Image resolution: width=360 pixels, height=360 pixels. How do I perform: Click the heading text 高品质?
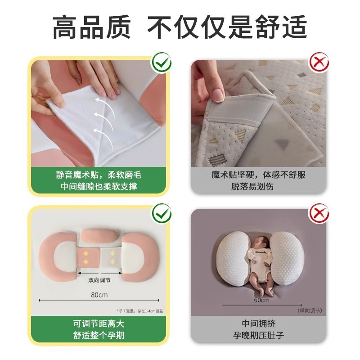pyautogui.click(x=92, y=27)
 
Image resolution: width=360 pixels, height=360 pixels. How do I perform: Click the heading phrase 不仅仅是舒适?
pyautogui.click(x=227, y=27)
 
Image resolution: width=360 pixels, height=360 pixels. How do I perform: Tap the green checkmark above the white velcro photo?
pyautogui.click(x=162, y=63)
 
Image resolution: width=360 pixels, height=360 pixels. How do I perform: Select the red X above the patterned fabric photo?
pyautogui.click(x=319, y=62)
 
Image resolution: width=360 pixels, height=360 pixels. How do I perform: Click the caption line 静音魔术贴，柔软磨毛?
pyautogui.click(x=99, y=175)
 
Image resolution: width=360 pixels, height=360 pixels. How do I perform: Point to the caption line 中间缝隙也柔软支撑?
pyautogui.click(x=99, y=186)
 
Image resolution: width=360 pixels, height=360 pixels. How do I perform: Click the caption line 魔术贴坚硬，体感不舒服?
pyautogui.click(x=258, y=175)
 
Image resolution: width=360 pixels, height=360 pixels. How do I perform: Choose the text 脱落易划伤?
pyautogui.click(x=252, y=186)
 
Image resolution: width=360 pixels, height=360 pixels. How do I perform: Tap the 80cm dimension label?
pyautogui.click(x=99, y=295)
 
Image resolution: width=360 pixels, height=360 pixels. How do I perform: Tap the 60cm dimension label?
pyautogui.click(x=262, y=300)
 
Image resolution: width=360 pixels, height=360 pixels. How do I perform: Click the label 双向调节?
pyautogui.click(x=99, y=280)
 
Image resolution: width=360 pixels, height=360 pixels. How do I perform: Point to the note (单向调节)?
pyautogui.click(x=310, y=310)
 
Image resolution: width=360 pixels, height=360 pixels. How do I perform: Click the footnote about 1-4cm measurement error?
pyautogui.click(x=140, y=311)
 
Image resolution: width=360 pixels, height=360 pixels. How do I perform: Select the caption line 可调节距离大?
pyautogui.click(x=99, y=324)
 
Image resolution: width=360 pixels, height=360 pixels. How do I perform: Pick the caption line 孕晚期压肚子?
pyautogui.click(x=258, y=335)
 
